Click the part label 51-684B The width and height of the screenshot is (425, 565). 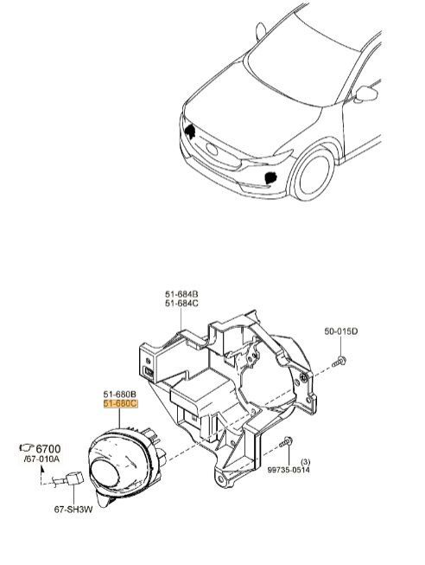181,294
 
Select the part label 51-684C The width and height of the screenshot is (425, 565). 181,304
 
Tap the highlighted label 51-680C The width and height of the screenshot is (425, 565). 121,403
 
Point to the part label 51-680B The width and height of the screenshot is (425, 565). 120,395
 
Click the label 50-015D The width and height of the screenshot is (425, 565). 341,331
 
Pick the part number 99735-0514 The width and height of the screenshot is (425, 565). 289,470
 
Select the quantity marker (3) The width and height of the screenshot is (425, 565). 305,461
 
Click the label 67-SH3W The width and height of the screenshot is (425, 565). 73,510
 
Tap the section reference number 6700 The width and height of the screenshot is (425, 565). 48,449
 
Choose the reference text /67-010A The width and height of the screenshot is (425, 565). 41,459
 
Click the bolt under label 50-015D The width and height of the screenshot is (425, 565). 339,361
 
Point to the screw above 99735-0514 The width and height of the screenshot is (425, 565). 286,442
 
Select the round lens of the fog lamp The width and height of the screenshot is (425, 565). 105,474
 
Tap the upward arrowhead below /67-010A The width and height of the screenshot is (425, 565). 42,469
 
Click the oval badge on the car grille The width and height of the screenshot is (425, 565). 212,149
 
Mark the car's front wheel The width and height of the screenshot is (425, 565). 313,172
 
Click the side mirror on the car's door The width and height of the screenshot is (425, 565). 366,93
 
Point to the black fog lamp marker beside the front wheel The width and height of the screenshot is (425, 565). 270,177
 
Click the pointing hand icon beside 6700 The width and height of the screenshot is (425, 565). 27,447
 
